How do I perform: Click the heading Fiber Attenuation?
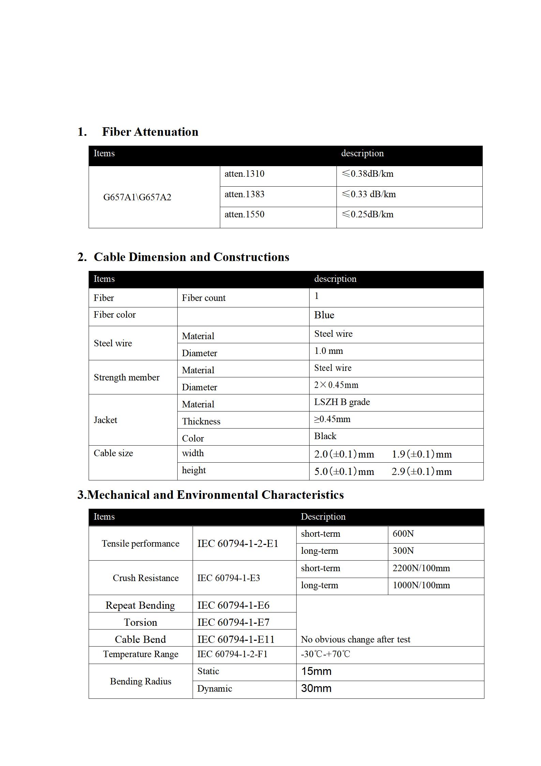(150, 132)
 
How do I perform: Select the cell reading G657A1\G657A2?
(137, 197)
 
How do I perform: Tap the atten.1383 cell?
(244, 194)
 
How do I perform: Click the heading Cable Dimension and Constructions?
(191, 257)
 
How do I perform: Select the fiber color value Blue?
(324, 315)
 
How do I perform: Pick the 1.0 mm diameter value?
(328, 351)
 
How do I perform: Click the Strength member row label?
(126, 377)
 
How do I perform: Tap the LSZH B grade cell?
(342, 402)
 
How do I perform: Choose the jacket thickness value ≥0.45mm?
(332, 419)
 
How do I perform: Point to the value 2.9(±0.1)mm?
(422, 472)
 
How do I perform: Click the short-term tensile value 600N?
(403, 534)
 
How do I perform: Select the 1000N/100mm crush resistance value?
(421, 585)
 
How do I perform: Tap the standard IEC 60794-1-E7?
(233, 622)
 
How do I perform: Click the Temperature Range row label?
(140, 654)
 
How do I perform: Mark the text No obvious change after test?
(356, 639)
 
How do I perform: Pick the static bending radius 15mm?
(316, 671)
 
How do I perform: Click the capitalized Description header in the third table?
(323, 517)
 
